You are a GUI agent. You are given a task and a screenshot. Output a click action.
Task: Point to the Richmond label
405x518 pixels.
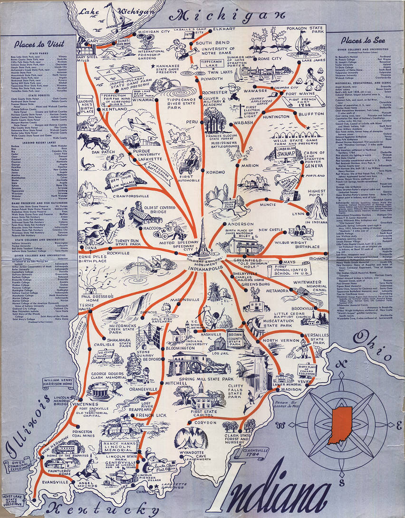click(x=319, y=259)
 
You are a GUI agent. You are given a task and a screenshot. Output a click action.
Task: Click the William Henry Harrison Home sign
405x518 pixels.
click(x=59, y=383)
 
